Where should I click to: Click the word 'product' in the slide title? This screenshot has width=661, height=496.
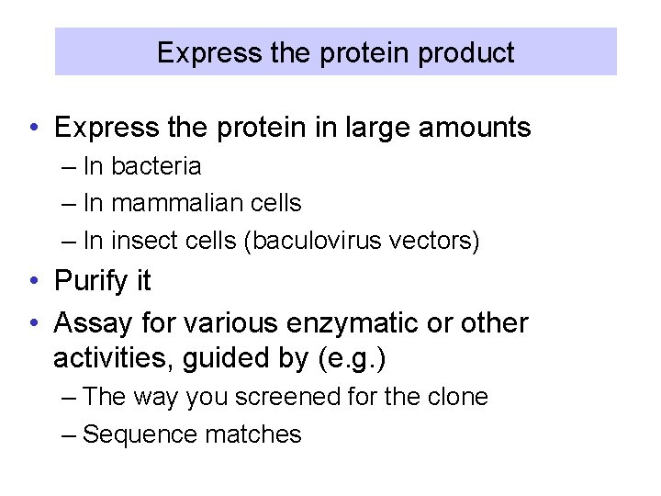pyautogui.click(x=466, y=52)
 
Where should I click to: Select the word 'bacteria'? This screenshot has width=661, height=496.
pyautogui.click(x=155, y=166)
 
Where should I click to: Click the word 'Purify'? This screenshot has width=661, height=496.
pyautogui.click(x=91, y=281)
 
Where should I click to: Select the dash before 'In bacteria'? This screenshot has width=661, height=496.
pyautogui.click(x=71, y=166)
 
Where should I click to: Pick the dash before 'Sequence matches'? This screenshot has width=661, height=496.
pyautogui.click(x=71, y=434)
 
